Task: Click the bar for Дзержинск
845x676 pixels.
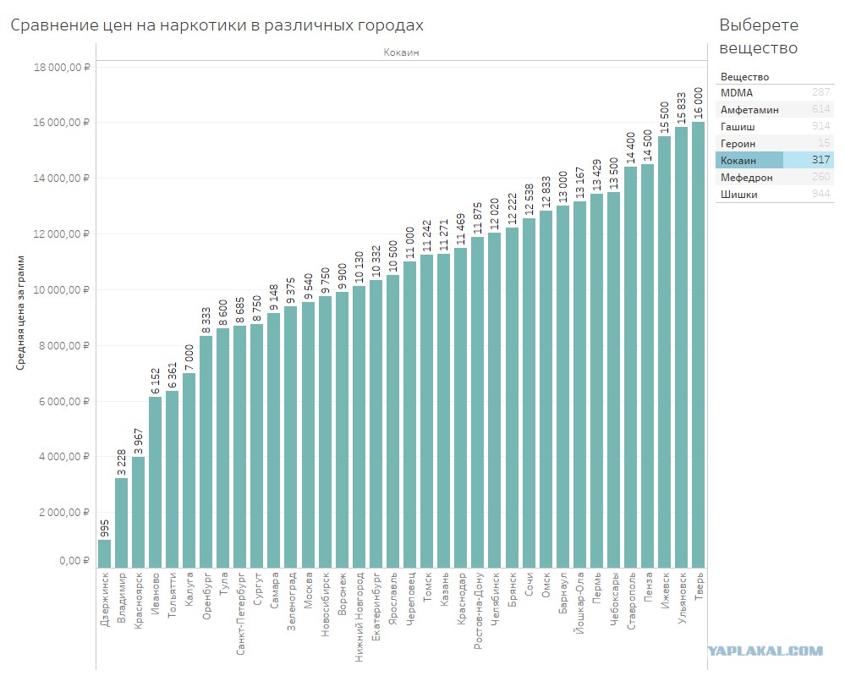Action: [x=105, y=553]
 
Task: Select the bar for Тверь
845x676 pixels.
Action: [x=699, y=345]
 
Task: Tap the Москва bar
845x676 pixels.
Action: [x=308, y=435]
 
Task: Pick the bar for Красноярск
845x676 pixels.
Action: [x=139, y=512]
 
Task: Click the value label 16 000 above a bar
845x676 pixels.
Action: [x=699, y=103]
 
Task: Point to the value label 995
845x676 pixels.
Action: [x=105, y=529]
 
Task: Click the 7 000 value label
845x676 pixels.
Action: [x=189, y=357]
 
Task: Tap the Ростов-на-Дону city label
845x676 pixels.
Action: [x=478, y=610]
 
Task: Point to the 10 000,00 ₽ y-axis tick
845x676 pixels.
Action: [x=62, y=290]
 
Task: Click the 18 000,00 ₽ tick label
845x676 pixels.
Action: [x=62, y=68]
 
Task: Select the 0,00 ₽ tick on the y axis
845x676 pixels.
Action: [x=74, y=561]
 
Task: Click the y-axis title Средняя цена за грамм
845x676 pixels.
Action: [x=20, y=313]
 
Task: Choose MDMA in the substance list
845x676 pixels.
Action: [x=737, y=93]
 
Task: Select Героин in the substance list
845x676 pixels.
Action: [x=738, y=143]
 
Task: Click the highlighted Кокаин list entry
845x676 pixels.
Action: [x=775, y=160]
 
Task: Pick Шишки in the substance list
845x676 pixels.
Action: [x=738, y=194]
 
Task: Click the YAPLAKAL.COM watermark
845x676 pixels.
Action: [x=765, y=651]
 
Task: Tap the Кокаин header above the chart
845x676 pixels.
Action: [x=401, y=52]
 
